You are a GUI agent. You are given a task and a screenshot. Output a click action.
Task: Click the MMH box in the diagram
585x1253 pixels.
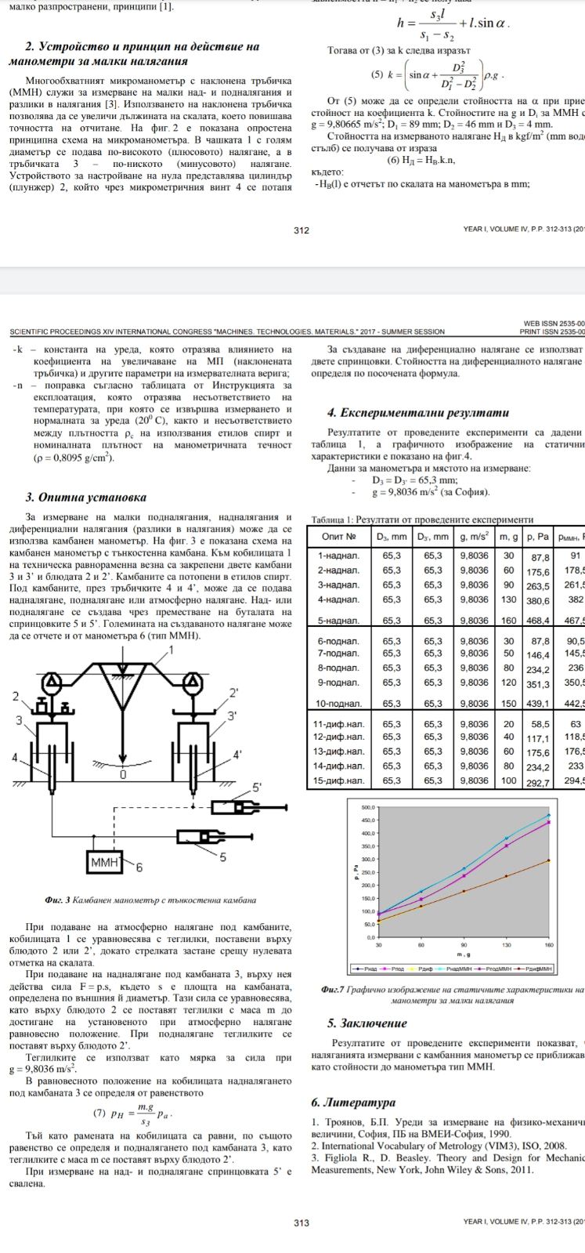tap(104, 863)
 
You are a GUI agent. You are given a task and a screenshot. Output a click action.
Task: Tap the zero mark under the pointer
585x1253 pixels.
tap(122, 775)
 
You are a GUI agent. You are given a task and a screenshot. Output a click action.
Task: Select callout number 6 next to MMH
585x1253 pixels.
tap(140, 867)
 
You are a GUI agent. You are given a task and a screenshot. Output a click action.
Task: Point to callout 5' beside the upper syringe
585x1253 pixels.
tap(258, 786)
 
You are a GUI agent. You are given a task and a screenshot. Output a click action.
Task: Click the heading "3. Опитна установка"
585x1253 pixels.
tap(86, 497)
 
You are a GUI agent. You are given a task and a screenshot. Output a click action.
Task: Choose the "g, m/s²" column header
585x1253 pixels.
tap(474, 537)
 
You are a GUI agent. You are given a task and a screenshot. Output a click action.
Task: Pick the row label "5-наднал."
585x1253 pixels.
tap(338, 621)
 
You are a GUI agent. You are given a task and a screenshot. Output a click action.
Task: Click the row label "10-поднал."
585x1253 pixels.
tap(338, 703)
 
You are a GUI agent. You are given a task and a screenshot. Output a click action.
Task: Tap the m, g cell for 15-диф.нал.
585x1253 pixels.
tap(508, 780)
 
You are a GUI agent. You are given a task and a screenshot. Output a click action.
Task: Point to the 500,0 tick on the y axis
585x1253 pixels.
tap(368, 806)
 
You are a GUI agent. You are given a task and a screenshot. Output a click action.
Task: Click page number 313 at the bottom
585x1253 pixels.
tap(301, 1222)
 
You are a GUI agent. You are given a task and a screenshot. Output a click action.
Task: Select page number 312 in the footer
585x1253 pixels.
tap(301, 230)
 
